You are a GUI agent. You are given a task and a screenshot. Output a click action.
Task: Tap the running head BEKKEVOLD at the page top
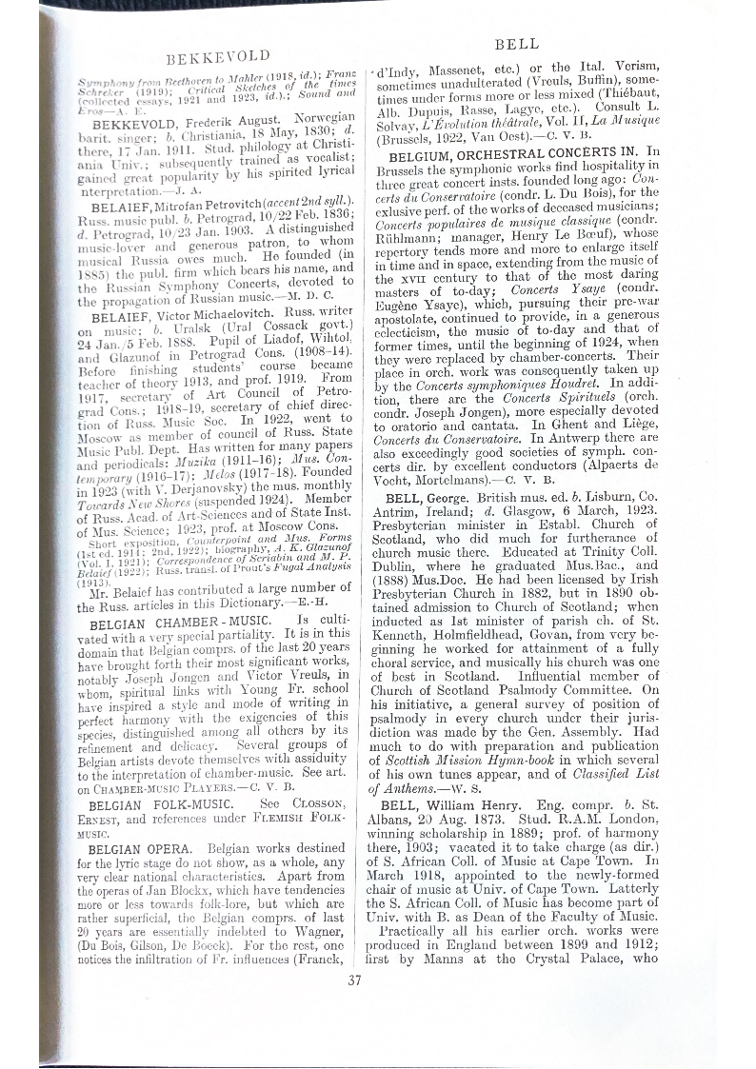coord(220,56)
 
